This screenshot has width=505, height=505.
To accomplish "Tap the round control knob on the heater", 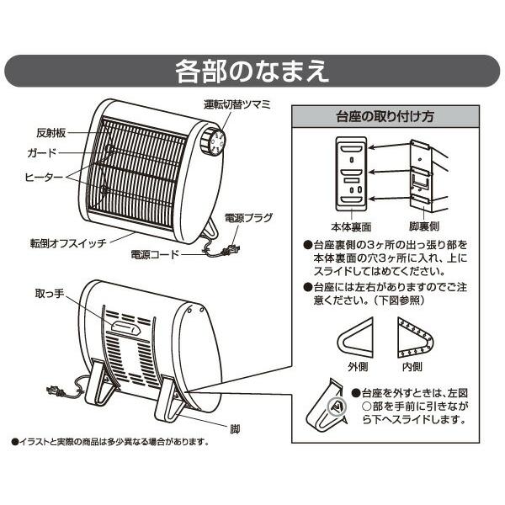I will tap(212, 141).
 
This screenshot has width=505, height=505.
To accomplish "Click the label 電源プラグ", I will tap(249, 218).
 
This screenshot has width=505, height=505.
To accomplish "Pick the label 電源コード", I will tap(156, 252).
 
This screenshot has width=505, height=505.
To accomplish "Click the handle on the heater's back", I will tap(123, 328).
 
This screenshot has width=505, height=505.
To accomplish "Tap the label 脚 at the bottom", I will tap(236, 428).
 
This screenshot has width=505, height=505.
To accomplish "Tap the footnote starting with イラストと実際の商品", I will tap(109, 441).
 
